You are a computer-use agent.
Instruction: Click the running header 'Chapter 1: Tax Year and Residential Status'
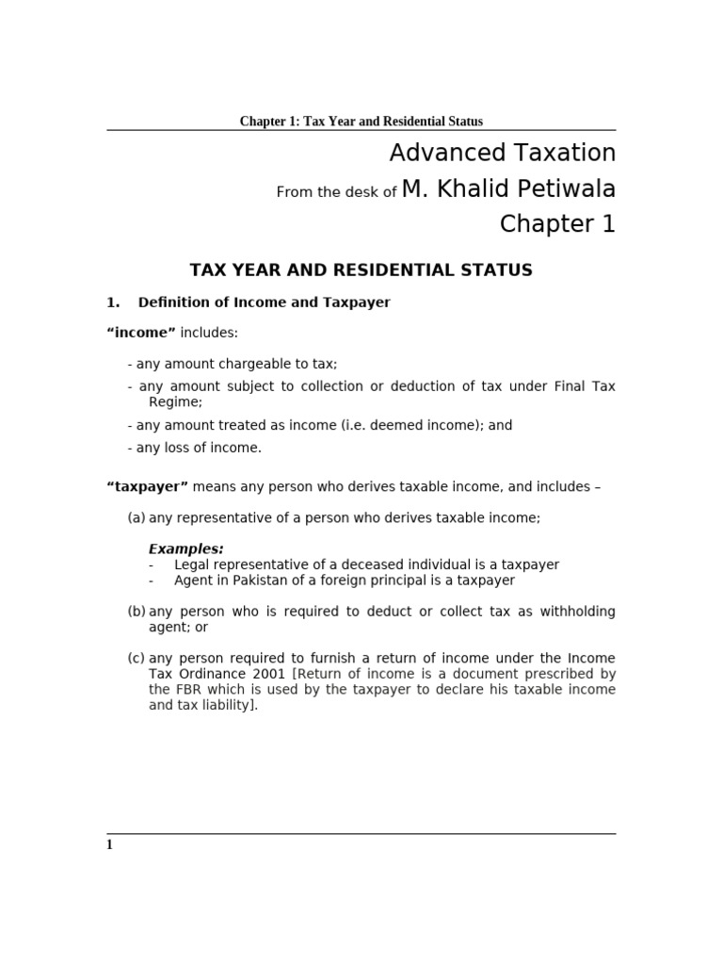pyautogui.click(x=361, y=122)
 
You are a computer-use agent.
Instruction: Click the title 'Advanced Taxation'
pyautogui.click(x=502, y=153)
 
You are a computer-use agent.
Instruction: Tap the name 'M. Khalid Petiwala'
pyautogui.click(x=508, y=189)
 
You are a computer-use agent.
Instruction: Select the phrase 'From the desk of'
pyautogui.click(x=336, y=192)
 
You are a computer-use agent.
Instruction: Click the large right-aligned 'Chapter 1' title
pyautogui.click(x=557, y=224)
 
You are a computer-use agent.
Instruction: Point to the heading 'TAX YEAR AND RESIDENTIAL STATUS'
pyautogui.click(x=361, y=270)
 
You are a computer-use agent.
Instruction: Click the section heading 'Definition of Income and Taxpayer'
pyautogui.click(x=264, y=303)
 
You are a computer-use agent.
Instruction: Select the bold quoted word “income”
pyautogui.click(x=141, y=333)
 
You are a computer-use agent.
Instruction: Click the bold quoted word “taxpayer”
pyautogui.click(x=148, y=487)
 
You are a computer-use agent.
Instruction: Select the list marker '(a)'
pyautogui.click(x=137, y=517)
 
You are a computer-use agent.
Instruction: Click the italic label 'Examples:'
pyautogui.click(x=186, y=548)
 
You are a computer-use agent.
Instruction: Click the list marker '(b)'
pyautogui.click(x=137, y=612)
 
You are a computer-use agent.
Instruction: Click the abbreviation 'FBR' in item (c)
pyautogui.click(x=184, y=690)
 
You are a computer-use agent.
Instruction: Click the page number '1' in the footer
pyautogui.click(x=109, y=845)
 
